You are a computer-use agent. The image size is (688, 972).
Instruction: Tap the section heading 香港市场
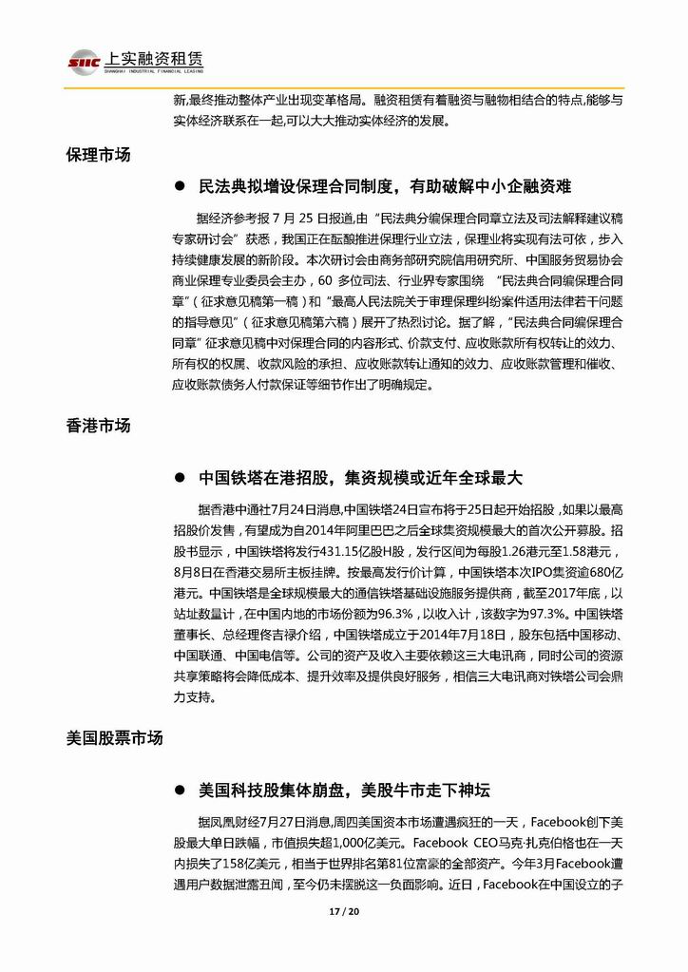(x=98, y=426)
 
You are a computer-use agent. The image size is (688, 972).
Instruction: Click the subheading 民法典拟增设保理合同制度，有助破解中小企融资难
(x=385, y=185)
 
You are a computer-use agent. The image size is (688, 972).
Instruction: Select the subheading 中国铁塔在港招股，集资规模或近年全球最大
(x=361, y=478)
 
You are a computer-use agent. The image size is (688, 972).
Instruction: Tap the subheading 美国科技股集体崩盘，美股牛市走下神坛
(x=345, y=791)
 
